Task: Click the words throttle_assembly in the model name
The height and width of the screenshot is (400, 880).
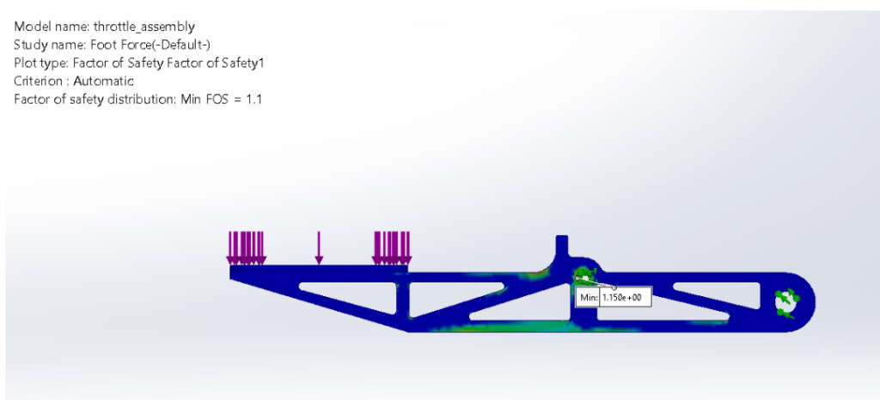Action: (x=151, y=27)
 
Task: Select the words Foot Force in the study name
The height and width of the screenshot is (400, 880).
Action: (x=111, y=45)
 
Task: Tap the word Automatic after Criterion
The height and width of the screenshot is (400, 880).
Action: (x=105, y=81)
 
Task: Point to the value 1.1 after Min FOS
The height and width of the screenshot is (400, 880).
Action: (x=254, y=99)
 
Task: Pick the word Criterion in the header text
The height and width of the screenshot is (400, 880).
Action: (x=40, y=81)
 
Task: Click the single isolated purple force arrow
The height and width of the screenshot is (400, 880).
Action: (x=319, y=247)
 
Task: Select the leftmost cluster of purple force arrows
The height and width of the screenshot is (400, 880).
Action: (x=247, y=248)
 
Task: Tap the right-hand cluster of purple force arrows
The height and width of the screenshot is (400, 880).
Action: (x=391, y=248)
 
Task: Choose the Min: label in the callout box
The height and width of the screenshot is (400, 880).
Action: (x=589, y=297)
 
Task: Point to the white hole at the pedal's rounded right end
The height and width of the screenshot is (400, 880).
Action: (x=786, y=301)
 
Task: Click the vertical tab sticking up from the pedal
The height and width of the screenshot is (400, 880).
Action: (x=562, y=247)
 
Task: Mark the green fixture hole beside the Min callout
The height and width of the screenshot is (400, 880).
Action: (x=583, y=276)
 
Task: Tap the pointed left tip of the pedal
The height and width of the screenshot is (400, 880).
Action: (x=233, y=272)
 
